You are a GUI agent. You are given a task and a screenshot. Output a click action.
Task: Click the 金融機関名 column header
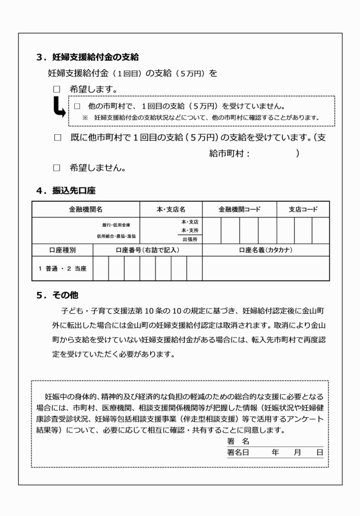pyautogui.click(x=86, y=210)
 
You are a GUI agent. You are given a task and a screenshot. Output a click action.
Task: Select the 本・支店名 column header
pyautogui.click(x=171, y=210)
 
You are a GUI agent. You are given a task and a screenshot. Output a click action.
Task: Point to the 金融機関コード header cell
pyautogui.click(x=239, y=210)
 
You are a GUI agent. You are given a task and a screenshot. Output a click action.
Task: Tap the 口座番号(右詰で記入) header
pyautogui.click(x=147, y=250)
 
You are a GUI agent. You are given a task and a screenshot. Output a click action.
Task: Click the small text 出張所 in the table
pyautogui.click(x=190, y=239)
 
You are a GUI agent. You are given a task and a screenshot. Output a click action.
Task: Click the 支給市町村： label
pyautogui.click(x=229, y=153)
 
